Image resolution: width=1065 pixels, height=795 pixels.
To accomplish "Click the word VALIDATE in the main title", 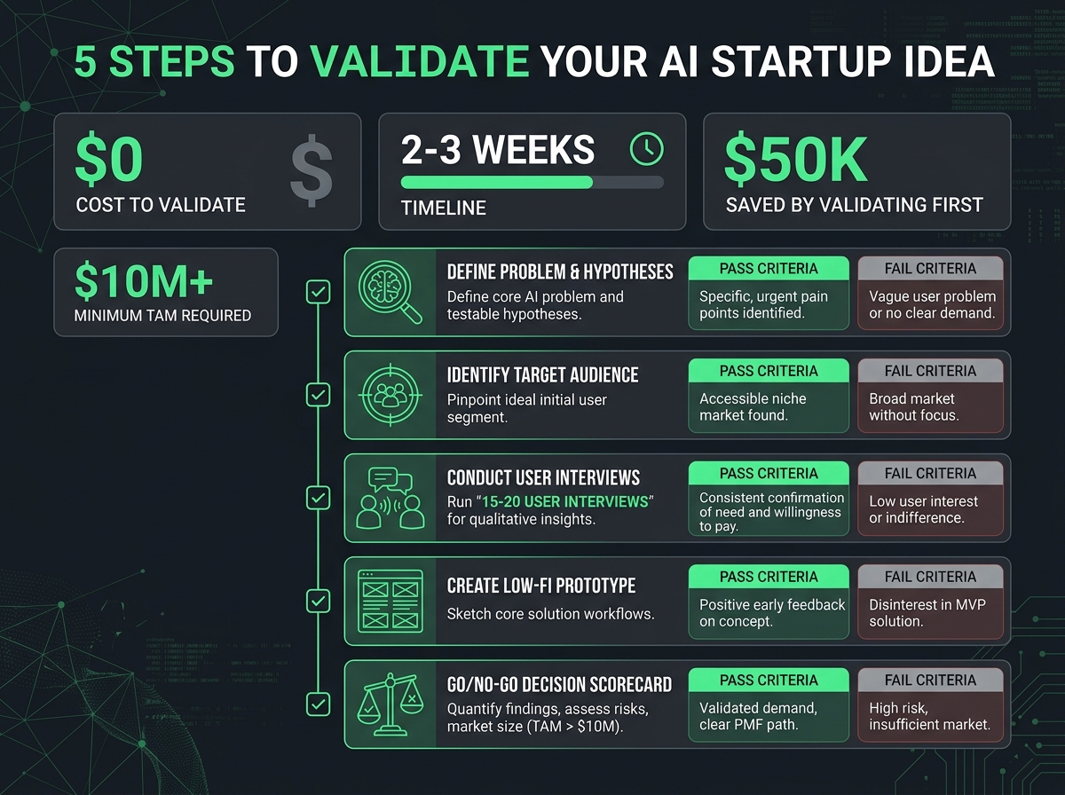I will [419, 62].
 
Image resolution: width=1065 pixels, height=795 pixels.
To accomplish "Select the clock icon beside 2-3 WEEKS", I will [645, 149].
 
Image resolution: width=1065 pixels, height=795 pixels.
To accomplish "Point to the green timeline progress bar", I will [496, 182].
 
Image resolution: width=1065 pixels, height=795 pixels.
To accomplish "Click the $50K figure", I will [795, 161].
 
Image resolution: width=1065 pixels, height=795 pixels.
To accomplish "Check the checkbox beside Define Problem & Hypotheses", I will [318, 291].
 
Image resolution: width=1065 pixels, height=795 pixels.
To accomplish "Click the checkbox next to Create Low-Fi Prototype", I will [318, 602].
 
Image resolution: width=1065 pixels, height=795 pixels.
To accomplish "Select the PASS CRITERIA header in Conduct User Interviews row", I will [769, 474].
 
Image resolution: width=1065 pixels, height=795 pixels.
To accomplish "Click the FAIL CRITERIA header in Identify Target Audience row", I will [930, 371].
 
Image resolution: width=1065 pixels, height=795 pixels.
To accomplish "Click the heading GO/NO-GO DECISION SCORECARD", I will [559, 684].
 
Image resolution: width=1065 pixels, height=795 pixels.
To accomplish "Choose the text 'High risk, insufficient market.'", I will [929, 716].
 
